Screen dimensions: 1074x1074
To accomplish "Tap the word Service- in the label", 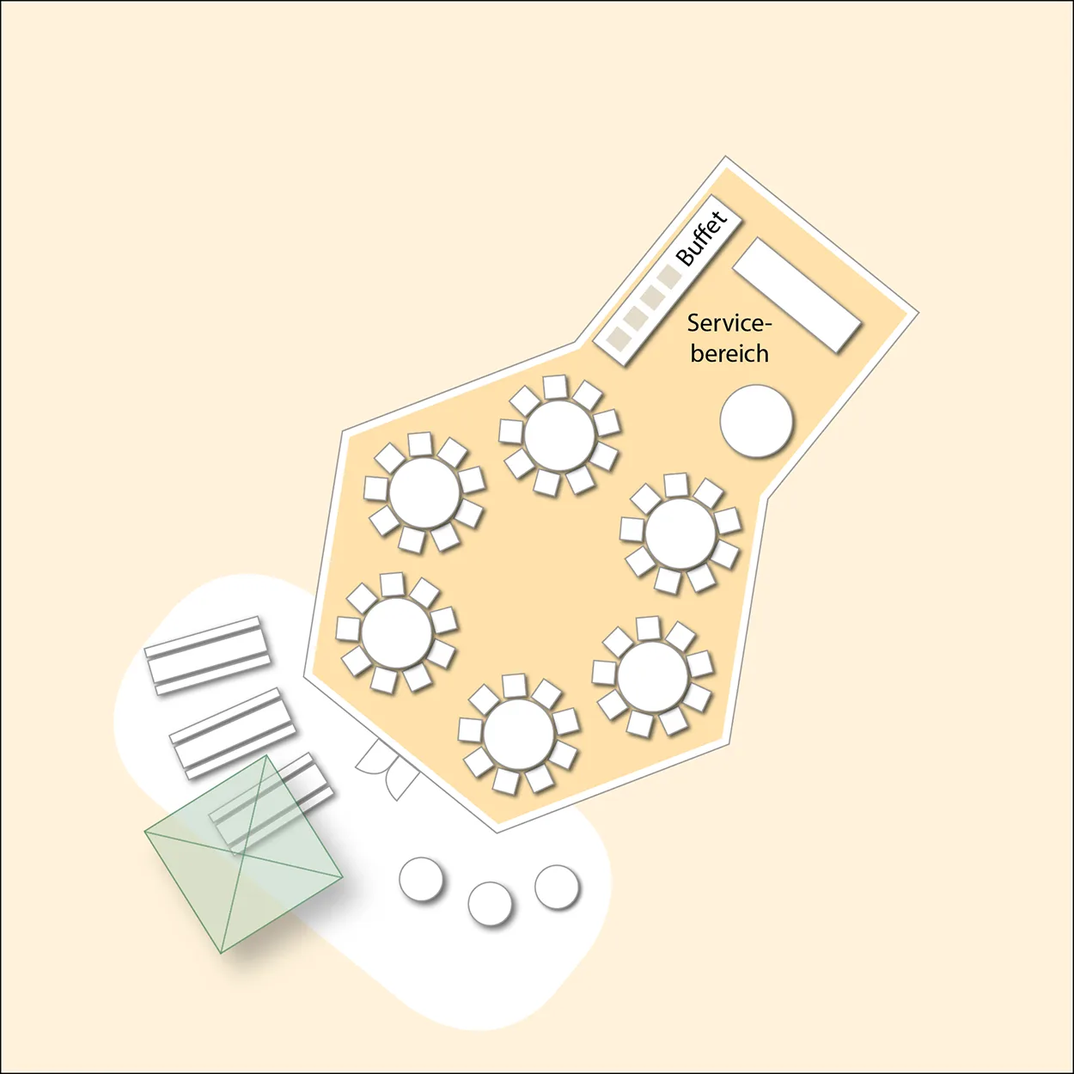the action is coord(729,323).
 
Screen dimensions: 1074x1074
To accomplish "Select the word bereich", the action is coord(729,353).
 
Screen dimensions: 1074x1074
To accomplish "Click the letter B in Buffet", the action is coord(685,256).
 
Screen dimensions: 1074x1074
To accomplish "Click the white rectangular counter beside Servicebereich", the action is coord(797,295).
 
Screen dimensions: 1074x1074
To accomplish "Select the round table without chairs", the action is coord(756,421).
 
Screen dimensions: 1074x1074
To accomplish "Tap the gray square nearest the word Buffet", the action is coord(668,277).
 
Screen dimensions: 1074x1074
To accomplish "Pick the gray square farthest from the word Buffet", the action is coord(617,339).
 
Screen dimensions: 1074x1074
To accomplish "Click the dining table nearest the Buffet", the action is coord(559,436).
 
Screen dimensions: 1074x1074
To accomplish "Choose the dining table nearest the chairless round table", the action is coord(680,534).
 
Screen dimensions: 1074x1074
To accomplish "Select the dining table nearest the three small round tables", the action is coord(518,734).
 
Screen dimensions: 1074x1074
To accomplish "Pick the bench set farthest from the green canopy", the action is coord(207,656).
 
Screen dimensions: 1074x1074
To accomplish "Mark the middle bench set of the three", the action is coord(232,733).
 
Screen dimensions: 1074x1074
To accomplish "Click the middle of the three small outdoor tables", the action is coord(490,903).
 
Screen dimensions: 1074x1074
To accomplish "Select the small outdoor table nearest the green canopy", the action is coord(421,878).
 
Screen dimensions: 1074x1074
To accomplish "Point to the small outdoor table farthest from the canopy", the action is coord(557,887).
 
